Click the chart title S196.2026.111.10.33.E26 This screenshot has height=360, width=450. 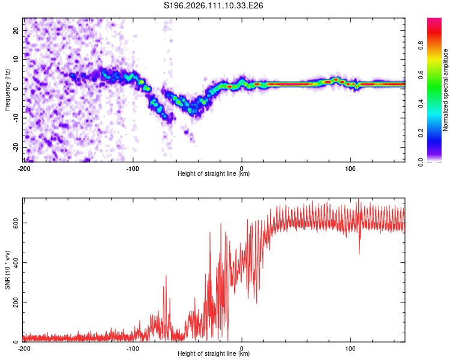click(214, 5)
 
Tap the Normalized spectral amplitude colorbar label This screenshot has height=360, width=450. click(446, 90)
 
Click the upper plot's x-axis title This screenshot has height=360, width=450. click(214, 173)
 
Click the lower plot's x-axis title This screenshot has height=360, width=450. click(214, 353)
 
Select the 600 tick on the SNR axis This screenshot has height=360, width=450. click(14, 223)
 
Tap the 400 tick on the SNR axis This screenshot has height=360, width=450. click(14, 262)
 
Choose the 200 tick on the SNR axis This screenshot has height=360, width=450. click(14, 302)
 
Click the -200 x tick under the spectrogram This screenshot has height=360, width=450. click(24, 167)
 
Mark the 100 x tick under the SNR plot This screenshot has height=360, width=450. click(350, 347)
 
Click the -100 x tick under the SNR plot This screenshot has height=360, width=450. click(133, 347)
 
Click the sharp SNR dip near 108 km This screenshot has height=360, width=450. click(359, 253)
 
